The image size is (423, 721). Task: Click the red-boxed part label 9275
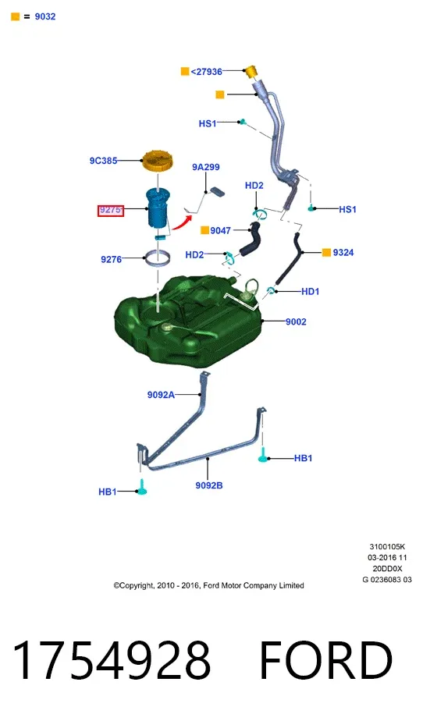pyautogui.click(x=110, y=210)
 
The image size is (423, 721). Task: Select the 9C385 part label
pyautogui.click(x=103, y=161)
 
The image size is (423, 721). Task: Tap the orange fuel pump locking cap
pyautogui.click(x=157, y=161)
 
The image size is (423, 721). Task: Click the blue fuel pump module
pyautogui.click(x=158, y=208)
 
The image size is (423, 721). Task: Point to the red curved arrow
pyautogui.click(x=182, y=222)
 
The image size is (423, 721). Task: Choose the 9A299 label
pyautogui.click(x=205, y=167)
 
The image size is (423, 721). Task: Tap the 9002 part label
pyautogui.click(x=296, y=321)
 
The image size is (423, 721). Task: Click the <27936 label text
pyautogui.click(x=207, y=71)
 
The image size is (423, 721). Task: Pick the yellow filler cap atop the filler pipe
pyautogui.click(x=250, y=72)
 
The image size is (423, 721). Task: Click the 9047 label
pyautogui.click(x=220, y=230)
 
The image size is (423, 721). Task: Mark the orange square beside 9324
pyautogui.click(x=326, y=253)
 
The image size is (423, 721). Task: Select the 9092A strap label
pyautogui.click(x=161, y=395)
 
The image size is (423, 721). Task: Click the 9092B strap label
pyautogui.click(x=208, y=485)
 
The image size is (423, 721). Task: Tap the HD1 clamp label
pyautogui.click(x=310, y=291)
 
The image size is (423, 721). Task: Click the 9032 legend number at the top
pyautogui.click(x=45, y=16)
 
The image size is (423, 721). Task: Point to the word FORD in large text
pyautogui.click(x=326, y=660)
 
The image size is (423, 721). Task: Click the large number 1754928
pyautogui.click(x=111, y=660)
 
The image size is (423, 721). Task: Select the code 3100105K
pyautogui.click(x=387, y=547)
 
